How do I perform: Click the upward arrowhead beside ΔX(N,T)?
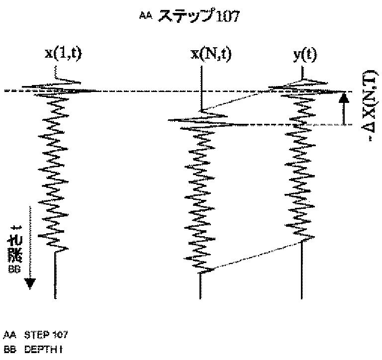343,98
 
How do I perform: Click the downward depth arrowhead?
30,283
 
